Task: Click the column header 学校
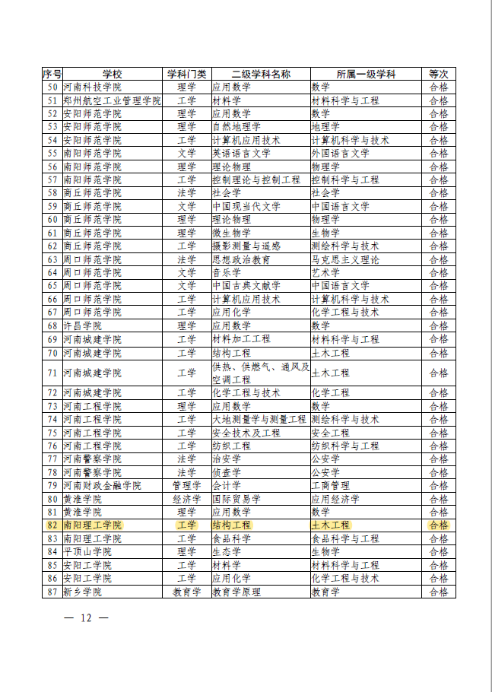pyautogui.click(x=112, y=75)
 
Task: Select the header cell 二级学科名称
pyautogui.click(x=260, y=75)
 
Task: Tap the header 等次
pyautogui.click(x=439, y=75)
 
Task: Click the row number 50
pyautogui.click(x=52, y=87)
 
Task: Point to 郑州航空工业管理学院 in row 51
pyautogui.click(x=113, y=100)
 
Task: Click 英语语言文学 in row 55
pyautogui.click(x=241, y=154)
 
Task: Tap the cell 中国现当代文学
pyautogui.click(x=246, y=207)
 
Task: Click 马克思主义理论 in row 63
pyautogui.click(x=345, y=259)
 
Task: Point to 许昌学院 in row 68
pyautogui.click(x=83, y=325)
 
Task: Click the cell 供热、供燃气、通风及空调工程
pyautogui.click(x=260, y=373)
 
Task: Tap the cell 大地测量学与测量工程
pyautogui.click(x=261, y=420)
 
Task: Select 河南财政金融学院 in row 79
pyautogui.click(x=103, y=486)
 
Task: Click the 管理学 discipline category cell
pyautogui.click(x=186, y=486)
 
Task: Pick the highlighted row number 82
pyautogui.click(x=52, y=525)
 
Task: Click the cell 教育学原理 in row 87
pyautogui.click(x=236, y=592)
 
